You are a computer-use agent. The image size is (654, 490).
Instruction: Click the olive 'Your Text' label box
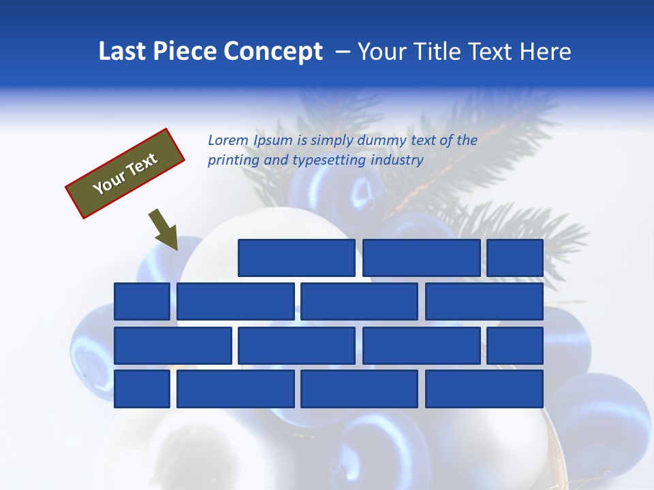click(125, 173)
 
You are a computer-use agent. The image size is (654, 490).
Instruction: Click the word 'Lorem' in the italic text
click(228, 140)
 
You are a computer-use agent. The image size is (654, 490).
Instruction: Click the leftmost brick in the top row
click(296, 258)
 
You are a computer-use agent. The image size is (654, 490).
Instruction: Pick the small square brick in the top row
click(515, 258)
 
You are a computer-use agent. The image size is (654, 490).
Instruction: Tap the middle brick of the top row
click(421, 258)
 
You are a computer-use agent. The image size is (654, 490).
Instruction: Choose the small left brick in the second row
click(142, 301)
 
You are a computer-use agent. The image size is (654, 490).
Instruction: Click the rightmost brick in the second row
click(484, 301)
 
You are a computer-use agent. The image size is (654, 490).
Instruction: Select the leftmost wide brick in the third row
click(172, 346)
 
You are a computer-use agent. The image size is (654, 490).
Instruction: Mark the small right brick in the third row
click(515, 346)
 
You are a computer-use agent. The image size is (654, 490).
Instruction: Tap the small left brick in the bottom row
click(142, 389)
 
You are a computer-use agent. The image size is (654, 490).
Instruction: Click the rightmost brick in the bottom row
click(484, 389)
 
